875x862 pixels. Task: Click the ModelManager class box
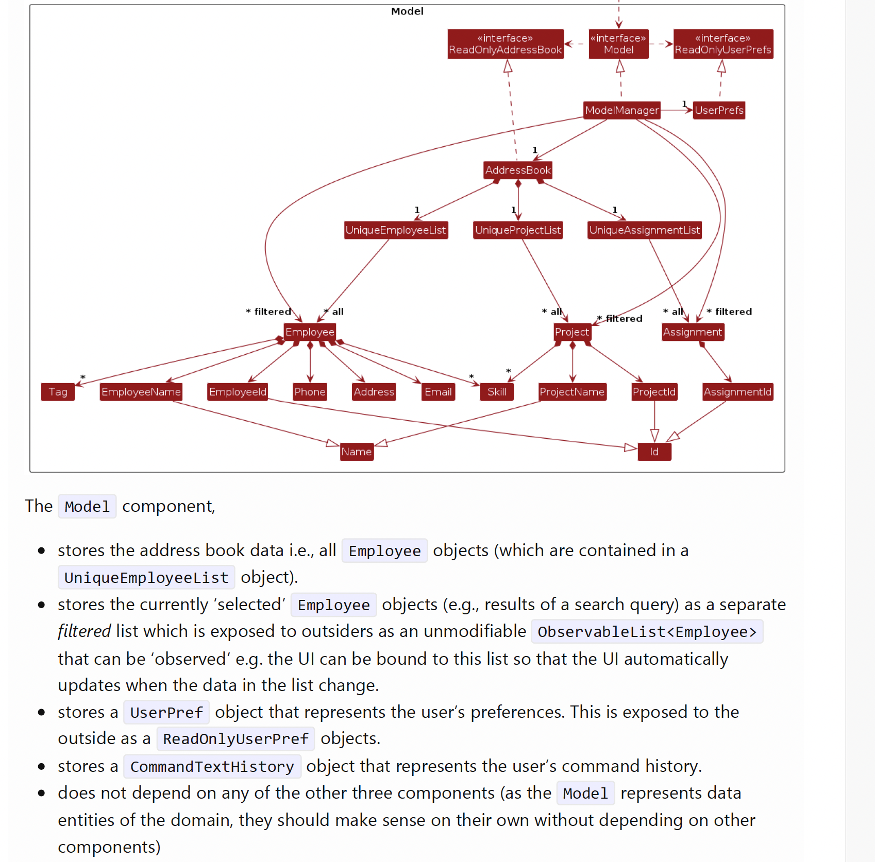(x=621, y=110)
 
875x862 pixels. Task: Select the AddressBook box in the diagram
(x=517, y=170)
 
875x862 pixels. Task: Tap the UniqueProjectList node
(x=517, y=230)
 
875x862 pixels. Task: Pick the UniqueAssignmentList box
(x=644, y=230)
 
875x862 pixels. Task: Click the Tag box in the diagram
(x=58, y=392)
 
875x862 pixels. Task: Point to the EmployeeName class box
(x=141, y=392)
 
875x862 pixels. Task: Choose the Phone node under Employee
(x=310, y=392)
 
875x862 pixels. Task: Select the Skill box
(x=497, y=392)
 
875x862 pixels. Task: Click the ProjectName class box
(x=572, y=392)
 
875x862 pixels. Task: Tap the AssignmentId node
(x=737, y=392)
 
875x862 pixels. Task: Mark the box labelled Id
(x=654, y=452)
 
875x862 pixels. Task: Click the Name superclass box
(x=356, y=452)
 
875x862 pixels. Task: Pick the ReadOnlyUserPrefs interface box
(x=723, y=44)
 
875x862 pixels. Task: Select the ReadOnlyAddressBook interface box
(x=505, y=44)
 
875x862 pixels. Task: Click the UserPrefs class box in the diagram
(x=719, y=110)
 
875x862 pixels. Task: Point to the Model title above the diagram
(x=407, y=11)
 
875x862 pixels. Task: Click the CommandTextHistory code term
(x=212, y=767)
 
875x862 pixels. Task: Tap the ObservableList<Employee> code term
(x=647, y=632)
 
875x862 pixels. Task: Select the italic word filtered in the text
(x=84, y=631)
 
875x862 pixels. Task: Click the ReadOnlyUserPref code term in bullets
(x=235, y=739)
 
